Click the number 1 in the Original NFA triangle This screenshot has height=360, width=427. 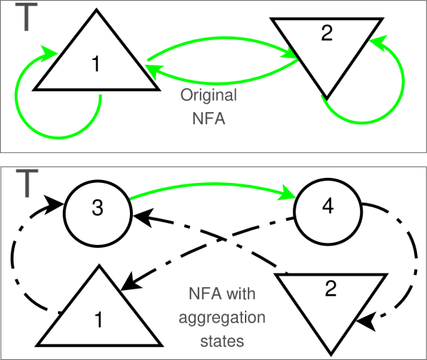coord(96,64)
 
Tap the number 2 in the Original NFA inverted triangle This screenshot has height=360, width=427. coord(326,34)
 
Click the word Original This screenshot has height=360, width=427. coord(209,95)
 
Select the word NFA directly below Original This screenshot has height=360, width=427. coord(209,119)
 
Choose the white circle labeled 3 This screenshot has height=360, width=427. coord(98,209)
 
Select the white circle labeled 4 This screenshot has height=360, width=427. coord(328,207)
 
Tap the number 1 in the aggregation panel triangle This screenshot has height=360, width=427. coord(98,320)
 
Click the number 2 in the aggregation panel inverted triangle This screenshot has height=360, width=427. coord(330,289)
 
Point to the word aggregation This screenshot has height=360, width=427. coord(223,318)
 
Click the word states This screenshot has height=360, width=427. coord(223,341)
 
